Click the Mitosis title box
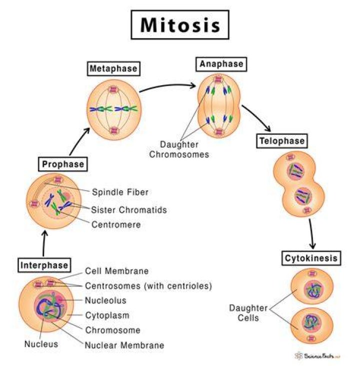(x=180, y=25)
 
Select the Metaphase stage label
(x=113, y=69)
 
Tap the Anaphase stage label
(x=221, y=64)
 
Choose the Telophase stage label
(x=281, y=141)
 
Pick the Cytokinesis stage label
(x=311, y=258)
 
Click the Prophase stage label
(x=62, y=164)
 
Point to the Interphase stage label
(x=44, y=265)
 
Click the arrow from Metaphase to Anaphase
(x=167, y=86)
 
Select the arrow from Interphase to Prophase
(x=44, y=243)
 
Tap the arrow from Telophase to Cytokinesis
(x=311, y=234)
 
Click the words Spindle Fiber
(x=120, y=192)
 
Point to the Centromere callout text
(x=116, y=224)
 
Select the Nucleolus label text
(x=105, y=300)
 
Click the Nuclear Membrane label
(x=124, y=345)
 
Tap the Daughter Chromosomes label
(x=179, y=149)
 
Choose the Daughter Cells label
(x=248, y=313)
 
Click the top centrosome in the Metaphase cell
(x=113, y=90)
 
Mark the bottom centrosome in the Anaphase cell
(x=218, y=132)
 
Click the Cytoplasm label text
(x=107, y=315)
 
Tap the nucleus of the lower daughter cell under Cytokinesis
(x=311, y=322)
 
